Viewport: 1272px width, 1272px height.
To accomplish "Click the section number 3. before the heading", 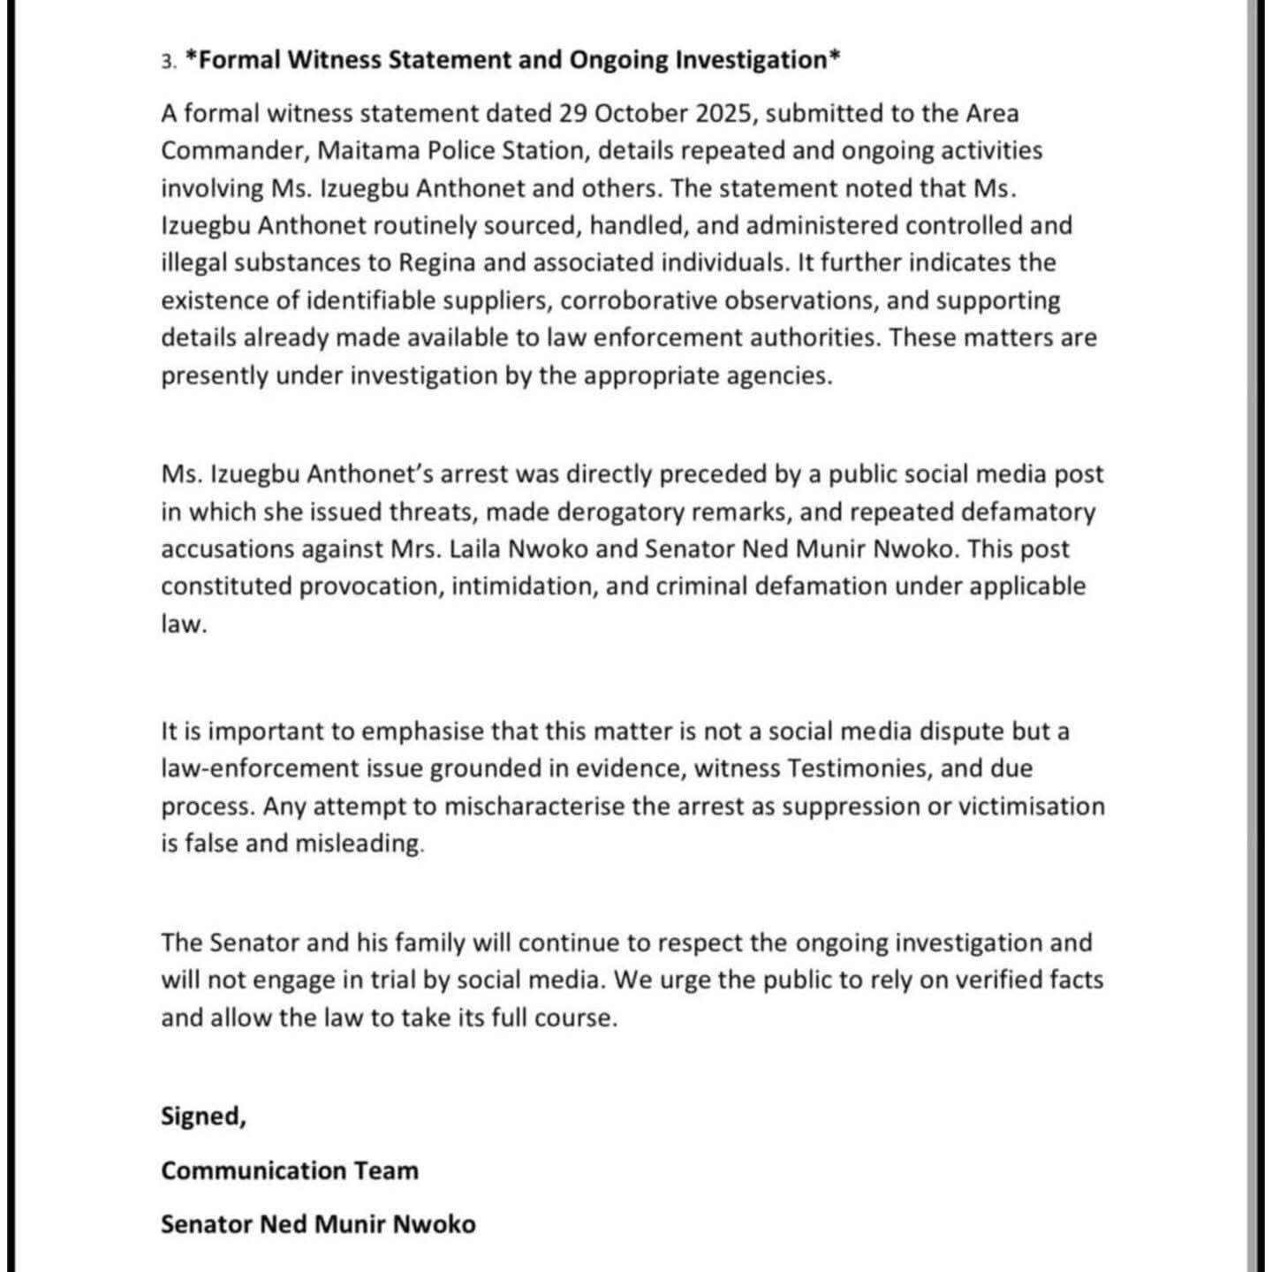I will point(169,62).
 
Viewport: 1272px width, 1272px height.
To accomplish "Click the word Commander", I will point(233,151).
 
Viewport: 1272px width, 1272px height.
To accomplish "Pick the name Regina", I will point(436,263).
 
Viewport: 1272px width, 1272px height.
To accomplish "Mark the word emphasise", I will point(422,732).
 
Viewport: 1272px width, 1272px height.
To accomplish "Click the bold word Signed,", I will point(203,1117).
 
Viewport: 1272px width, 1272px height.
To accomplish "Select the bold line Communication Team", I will point(290,1171).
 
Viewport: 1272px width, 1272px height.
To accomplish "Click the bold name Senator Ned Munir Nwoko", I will point(318,1225).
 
